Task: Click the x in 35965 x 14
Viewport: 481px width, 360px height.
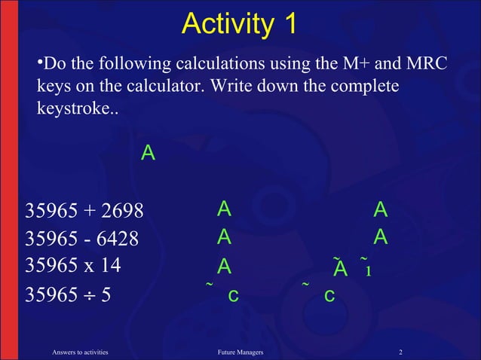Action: click(84, 267)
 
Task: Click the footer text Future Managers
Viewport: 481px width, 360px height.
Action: click(240, 351)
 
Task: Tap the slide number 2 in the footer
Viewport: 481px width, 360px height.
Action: click(401, 351)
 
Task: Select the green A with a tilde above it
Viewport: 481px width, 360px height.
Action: click(340, 269)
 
